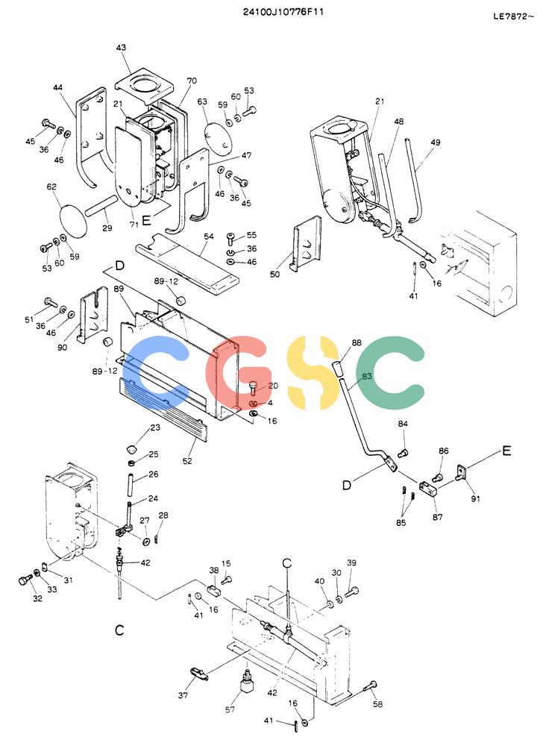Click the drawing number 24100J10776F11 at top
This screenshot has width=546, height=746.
(x=283, y=12)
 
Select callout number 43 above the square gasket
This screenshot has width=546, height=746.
(x=122, y=48)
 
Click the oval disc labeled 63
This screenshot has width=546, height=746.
(x=219, y=131)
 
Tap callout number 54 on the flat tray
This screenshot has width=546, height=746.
(x=208, y=236)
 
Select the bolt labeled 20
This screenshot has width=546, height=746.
(x=254, y=387)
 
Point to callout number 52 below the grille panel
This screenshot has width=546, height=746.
(x=187, y=460)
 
